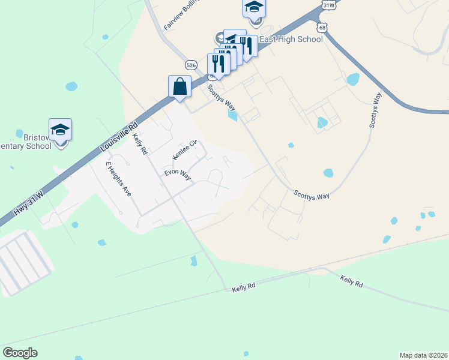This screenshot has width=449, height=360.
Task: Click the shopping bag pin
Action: (179, 86)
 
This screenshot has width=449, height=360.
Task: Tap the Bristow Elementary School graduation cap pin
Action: (60, 130)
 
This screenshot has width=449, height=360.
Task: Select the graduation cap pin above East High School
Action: (254, 9)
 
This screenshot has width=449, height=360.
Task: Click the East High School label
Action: (292, 40)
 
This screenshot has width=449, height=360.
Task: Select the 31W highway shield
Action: (328, 5)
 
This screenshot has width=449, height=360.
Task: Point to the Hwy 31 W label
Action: (29, 203)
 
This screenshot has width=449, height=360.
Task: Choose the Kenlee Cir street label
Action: (184, 150)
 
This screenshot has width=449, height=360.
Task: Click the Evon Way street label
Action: (178, 175)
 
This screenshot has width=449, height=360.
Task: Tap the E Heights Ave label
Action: (118, 179)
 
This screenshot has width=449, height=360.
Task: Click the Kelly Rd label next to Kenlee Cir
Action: (139, 145)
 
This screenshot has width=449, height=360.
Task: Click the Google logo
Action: (20, 353)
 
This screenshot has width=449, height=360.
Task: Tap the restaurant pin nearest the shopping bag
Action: (218, 65)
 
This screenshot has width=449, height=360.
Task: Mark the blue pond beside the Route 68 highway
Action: (353, 79)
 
